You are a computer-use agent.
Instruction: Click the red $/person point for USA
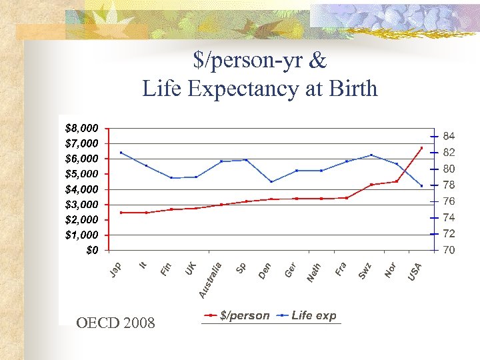[x=421, y=148]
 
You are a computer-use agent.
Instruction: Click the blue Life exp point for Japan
[x=121, y=153]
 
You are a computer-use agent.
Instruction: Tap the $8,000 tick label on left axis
[x=82, y=127]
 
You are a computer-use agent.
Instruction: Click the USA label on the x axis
[x=415, y=271]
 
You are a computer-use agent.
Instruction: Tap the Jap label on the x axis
[x=115, y=271]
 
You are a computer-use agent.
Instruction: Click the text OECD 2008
[x=115, y=323]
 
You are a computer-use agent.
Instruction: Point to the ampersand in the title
[x=318, y=61]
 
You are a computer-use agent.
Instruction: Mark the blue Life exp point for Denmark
[x=271, y=181]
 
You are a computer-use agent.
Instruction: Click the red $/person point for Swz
[x=371, y=185]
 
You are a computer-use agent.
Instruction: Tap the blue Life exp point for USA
[x=421, y=185]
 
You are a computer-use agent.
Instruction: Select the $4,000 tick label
[x=82, y=189]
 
